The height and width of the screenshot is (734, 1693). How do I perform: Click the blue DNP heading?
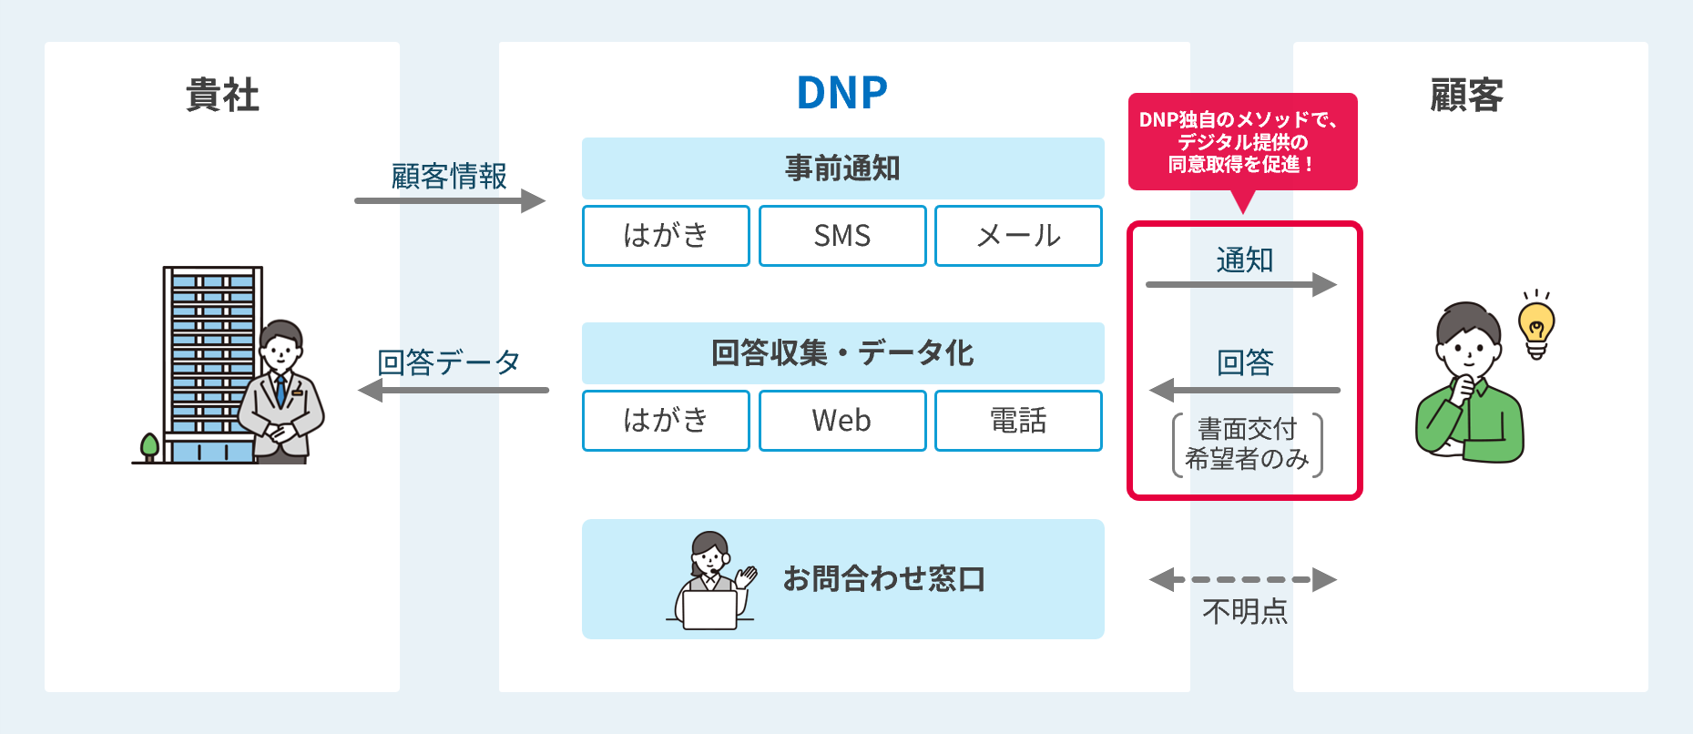841,93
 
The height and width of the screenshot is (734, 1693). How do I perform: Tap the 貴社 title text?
222,95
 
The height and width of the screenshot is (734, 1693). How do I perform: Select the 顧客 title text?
1466,95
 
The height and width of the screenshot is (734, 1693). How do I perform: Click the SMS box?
842,236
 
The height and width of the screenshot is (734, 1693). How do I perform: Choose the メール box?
1018,236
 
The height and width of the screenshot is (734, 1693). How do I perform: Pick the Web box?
842,421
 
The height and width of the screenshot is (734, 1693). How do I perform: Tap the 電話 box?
1018,421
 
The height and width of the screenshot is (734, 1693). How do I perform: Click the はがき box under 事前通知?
666,236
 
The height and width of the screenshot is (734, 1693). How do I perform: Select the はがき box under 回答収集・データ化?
666,421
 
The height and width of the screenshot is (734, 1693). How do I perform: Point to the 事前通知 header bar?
842,168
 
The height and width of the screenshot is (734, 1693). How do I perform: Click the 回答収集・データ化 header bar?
842,352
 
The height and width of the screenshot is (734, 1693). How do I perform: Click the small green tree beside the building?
149,446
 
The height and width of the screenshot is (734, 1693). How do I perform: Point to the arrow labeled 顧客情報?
450,200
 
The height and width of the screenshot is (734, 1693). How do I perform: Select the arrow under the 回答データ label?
454,391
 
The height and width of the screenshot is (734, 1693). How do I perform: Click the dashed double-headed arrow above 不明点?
1243,579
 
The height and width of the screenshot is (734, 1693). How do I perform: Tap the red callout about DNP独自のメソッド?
1242,142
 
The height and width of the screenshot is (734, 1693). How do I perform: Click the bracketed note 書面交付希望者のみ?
1247,444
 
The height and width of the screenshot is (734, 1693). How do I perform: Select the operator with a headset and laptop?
710,581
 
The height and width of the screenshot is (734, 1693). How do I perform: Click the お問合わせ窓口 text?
883,579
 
